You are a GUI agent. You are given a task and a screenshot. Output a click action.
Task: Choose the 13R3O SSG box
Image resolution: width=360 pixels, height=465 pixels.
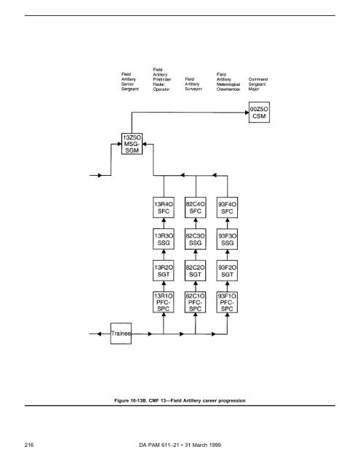(x=162, y=241)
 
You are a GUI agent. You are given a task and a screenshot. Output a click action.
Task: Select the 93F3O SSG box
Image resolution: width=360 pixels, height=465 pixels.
(x=228, y=241)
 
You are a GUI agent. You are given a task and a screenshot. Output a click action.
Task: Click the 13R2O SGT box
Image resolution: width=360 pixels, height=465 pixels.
(x=162, y=272)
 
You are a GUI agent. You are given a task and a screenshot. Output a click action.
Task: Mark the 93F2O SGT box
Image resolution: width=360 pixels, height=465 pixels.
(x=228, y=272)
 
